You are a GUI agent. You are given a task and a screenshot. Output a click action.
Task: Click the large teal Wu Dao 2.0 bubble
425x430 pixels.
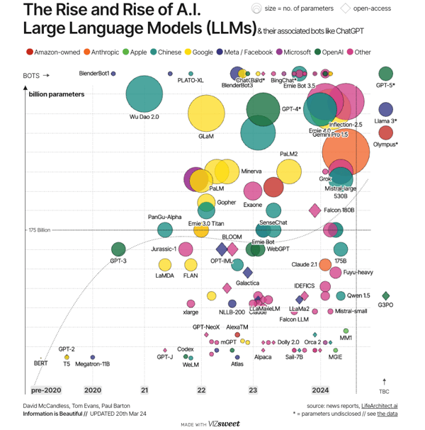[144, 94]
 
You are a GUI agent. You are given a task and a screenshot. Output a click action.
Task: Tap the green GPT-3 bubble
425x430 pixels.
[119, 249]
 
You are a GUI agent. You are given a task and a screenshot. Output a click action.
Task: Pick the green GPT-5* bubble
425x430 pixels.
[385, 74]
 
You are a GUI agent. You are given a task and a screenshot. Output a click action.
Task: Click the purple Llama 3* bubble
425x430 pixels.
[385, 109]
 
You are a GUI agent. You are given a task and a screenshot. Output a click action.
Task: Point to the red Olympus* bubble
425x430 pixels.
[385, 132]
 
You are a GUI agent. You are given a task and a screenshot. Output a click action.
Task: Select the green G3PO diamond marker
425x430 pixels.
[386, 296]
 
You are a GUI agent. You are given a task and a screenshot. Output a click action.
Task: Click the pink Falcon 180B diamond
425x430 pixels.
[314, 210]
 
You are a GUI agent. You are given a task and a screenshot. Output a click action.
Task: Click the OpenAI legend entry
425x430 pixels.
[331, 52]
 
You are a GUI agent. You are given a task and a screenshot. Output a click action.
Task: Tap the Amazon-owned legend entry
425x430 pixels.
[53, 52]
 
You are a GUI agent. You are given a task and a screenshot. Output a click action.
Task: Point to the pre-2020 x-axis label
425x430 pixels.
[47, 390]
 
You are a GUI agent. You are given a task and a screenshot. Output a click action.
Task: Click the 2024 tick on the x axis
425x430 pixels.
[320, 390]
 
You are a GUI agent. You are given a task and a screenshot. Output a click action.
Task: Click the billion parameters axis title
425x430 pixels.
[57, 94]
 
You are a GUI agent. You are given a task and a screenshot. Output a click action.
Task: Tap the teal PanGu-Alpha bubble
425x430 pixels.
[165, 229]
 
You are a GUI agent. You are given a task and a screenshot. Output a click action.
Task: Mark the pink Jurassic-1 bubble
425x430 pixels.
[186, 249]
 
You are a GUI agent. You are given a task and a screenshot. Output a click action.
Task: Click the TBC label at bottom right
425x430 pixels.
[385, 390]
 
